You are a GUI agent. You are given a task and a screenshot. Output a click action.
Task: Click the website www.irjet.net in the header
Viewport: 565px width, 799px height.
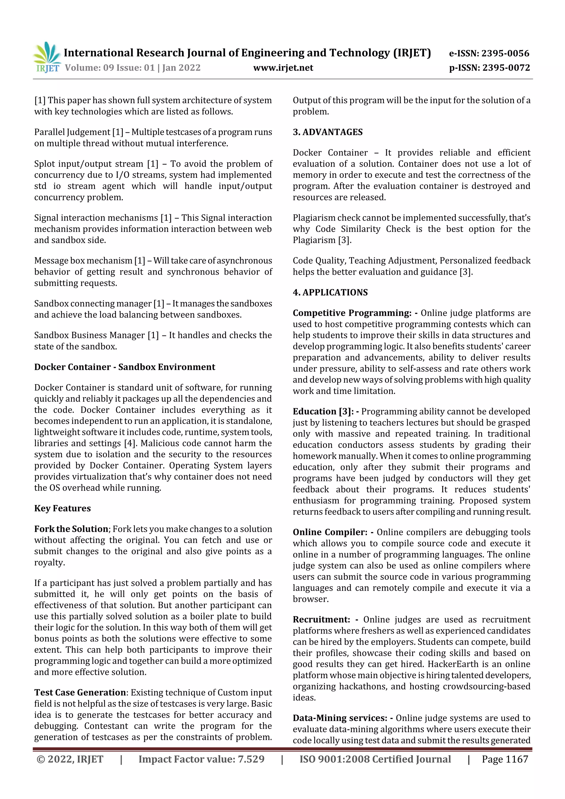coord(283,68)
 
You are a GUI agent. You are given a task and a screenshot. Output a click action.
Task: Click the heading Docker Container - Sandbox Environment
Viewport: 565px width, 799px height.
coord(125,367)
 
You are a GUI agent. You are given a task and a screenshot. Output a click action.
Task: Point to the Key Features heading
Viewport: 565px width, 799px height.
coord(62,508)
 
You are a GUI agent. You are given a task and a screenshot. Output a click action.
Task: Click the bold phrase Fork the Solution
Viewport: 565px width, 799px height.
coord(71,529)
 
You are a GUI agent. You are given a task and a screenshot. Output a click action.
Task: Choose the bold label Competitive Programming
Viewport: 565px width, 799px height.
coord(351,313)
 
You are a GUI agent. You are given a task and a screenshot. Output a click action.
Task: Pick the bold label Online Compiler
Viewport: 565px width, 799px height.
coord(330,532)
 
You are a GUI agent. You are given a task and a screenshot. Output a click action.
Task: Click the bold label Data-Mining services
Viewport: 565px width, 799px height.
coord(339,718)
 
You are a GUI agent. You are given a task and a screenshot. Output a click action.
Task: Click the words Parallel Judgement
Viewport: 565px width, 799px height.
coord(72,132)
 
